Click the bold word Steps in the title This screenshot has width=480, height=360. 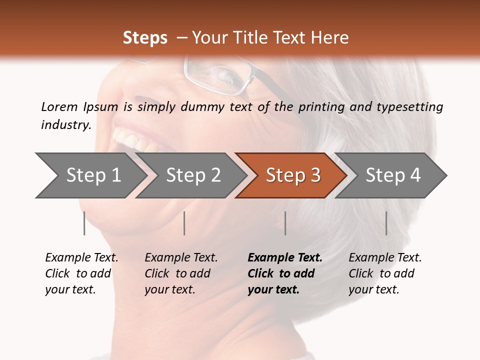145,38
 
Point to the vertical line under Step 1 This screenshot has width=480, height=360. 84,223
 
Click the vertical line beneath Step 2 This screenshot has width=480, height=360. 184,223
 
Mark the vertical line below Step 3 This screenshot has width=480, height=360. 285,223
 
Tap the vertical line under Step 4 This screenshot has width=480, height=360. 386,223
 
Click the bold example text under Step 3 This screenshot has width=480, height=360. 284,273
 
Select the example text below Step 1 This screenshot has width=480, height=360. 81,273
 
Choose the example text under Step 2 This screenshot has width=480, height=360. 180,273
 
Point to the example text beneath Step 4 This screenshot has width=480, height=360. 384,273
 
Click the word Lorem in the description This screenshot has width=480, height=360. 59,107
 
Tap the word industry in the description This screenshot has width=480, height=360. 65,125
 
